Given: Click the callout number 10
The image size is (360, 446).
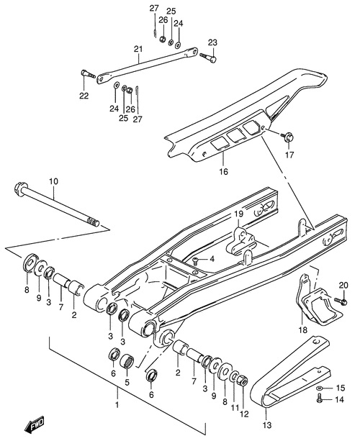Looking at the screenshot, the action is tap(53, 181).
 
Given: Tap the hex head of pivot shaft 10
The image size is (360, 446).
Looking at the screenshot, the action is tap(19, 189).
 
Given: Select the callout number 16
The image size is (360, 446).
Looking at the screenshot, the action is tap(224, 171).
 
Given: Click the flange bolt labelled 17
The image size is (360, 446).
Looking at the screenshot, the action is tap(287, 137).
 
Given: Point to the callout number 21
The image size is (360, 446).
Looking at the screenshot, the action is tap(138, 49).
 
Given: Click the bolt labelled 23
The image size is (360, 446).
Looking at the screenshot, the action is tap(208, 58).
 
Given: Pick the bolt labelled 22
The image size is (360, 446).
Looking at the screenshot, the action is tap(89, 74).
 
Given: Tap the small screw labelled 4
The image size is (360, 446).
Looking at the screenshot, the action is tap(196, 260).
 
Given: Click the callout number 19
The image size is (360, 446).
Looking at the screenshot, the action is tap(239, 214).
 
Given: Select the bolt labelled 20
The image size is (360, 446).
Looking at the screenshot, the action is tap(340, 301).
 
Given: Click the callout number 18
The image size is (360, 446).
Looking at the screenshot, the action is tap(303, 329).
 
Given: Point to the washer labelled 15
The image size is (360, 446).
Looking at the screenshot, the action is tap(319, 388).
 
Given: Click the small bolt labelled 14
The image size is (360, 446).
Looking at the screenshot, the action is tap(319, 398).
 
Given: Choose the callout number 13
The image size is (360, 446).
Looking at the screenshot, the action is tap(267, 425).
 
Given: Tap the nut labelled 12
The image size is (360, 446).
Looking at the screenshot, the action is tap(243, 380).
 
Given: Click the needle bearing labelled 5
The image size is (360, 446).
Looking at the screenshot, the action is tap(126, 361).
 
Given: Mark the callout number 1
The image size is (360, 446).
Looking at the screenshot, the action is tap(117, 404).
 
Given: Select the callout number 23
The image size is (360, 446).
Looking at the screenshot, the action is tap(212, 42).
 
